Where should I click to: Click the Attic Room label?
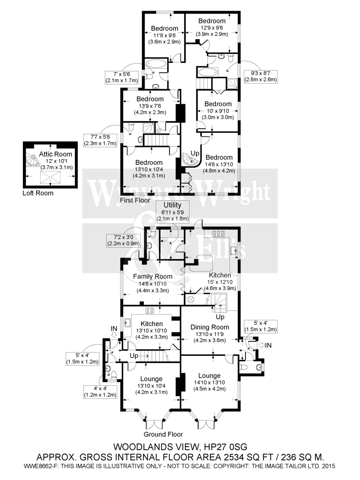(x=56, y=154)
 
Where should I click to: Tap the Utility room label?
(x=166, y=204)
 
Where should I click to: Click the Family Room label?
(x=152, y=276)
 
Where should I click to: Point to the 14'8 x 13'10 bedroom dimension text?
(x=219, y=164)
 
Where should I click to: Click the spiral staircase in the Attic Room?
(x=32, y=159)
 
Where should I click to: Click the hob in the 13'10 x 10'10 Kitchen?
(x=150, y=310)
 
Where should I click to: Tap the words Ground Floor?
(x=164, y=434)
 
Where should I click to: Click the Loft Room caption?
(x=38, y=193)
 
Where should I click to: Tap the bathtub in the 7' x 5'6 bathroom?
(x=156, y=64)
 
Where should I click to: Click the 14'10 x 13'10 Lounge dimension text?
(x=211, y=383)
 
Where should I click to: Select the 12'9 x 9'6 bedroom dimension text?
(x=212, y=28)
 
